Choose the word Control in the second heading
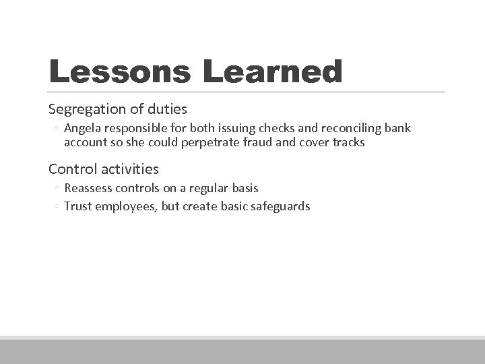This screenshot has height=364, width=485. [70, 169]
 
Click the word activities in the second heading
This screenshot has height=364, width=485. [126, 169]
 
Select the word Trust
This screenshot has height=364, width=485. [77, 206]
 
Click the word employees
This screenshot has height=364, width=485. [125, 206]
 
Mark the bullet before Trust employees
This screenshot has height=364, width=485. [57, 207]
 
